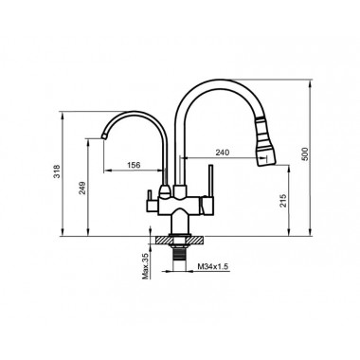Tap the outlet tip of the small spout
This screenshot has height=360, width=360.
point(101,139)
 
